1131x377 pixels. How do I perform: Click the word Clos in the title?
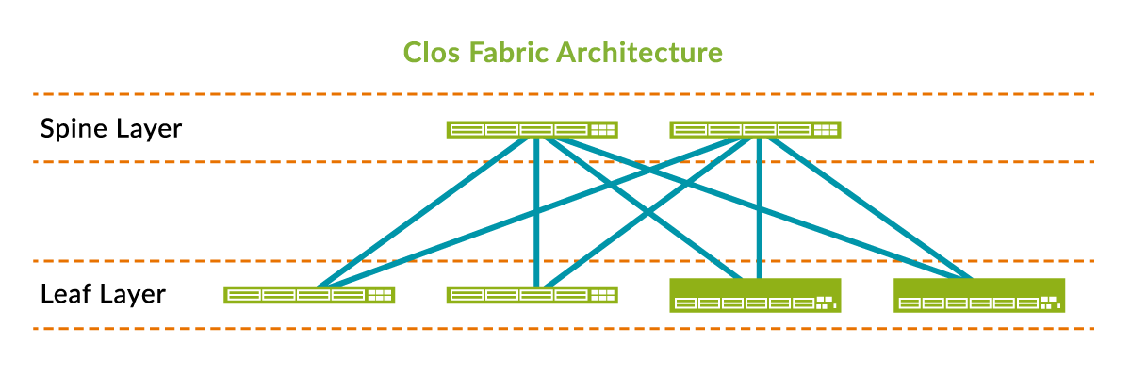pos(428,52)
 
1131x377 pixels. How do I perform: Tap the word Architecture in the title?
pos(641,52)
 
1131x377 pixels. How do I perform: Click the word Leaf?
pos(63,294)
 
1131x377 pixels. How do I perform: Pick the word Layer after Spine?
pos(146,128)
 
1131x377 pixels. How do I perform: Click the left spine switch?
pos(532,130)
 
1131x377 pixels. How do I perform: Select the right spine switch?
pos(754,130)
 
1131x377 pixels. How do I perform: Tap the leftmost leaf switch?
pos(309,295)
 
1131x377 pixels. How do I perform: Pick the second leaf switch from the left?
pos(532,295)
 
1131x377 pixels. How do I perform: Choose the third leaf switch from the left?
pos(754,295)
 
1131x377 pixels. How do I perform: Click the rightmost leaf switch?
pos(978,295)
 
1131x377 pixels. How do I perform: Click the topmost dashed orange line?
pos(565,94)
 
